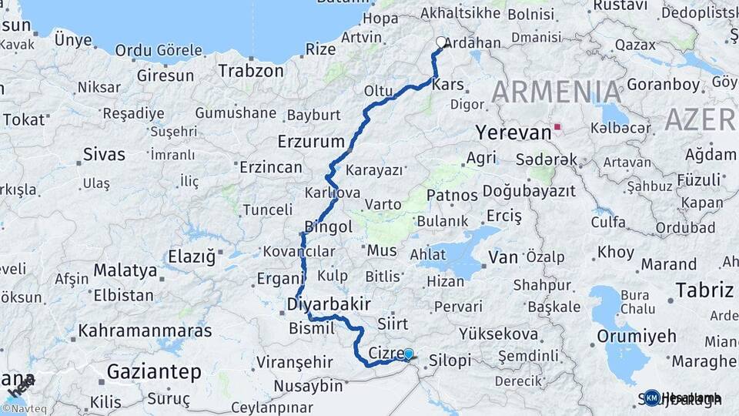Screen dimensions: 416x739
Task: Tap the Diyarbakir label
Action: point(329,304)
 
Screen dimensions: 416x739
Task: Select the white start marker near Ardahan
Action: point(441,43)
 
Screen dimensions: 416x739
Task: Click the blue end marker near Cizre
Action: point(408,354)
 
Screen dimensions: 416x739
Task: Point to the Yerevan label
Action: point(513,133)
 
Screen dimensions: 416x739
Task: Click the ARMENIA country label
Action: point(557,92)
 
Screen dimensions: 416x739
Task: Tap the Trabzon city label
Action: point(251,71)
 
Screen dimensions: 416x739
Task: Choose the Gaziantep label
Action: point(154,372)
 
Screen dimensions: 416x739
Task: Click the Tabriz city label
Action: point(704,290)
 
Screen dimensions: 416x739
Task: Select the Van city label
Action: point(503,257)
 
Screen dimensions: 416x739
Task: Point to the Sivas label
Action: point(104,154)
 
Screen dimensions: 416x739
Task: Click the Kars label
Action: point(449,85)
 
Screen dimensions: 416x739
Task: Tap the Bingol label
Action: point(329,226)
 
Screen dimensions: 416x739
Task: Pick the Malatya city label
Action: point(125,270)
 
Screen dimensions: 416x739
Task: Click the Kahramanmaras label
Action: point(145,330)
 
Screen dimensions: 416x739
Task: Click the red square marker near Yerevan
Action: point(557,126)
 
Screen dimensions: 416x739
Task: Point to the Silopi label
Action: point(450,361)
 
